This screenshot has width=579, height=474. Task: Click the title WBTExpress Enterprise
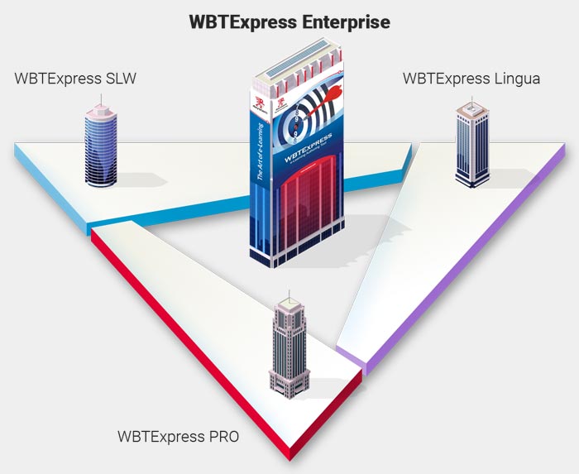pos(289,22)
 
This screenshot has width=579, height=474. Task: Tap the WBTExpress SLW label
pos(75,79)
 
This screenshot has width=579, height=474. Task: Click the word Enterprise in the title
pos(339,22)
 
